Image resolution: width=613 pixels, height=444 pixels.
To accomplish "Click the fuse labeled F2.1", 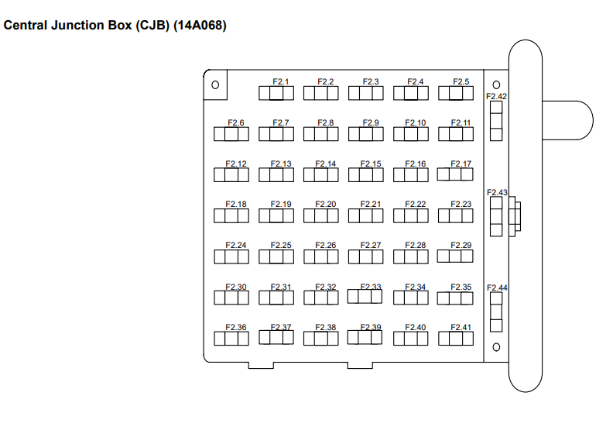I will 276,93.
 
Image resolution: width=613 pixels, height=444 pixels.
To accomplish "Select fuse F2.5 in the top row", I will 456,93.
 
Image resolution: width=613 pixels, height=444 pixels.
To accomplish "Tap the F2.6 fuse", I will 231,134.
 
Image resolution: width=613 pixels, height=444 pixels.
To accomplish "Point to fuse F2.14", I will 321,175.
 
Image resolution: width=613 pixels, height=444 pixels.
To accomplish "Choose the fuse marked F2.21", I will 366,216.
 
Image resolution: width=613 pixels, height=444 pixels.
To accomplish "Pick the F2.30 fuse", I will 231,298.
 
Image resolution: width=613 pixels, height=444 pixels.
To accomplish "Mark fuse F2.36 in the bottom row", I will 231,339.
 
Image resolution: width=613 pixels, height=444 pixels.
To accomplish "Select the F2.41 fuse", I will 456,339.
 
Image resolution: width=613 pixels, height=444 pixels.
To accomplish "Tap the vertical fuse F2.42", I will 496,121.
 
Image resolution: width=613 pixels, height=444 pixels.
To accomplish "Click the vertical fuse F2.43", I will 496,216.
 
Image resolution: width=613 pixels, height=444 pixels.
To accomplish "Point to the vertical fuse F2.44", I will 496,312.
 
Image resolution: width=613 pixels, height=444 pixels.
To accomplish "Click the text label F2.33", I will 372,287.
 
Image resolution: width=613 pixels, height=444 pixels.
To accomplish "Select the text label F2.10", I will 416,122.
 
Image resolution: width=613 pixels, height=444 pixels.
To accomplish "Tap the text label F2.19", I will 282,205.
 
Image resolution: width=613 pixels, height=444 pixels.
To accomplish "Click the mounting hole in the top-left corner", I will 215,84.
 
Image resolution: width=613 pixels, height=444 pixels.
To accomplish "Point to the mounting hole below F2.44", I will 496,346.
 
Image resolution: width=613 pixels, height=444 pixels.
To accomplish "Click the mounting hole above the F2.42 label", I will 496,85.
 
